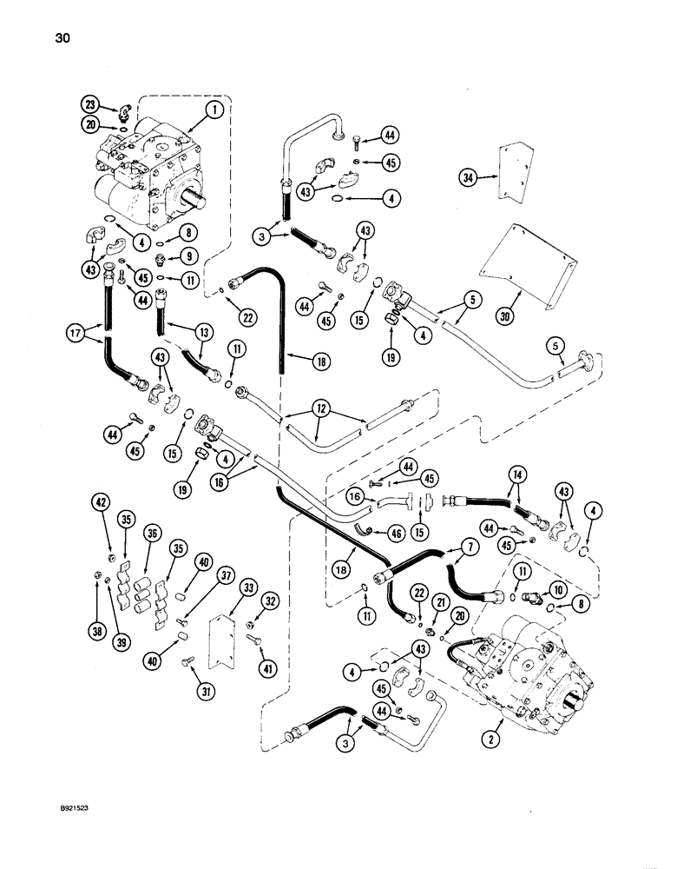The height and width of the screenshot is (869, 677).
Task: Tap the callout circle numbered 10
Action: (555, 588)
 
